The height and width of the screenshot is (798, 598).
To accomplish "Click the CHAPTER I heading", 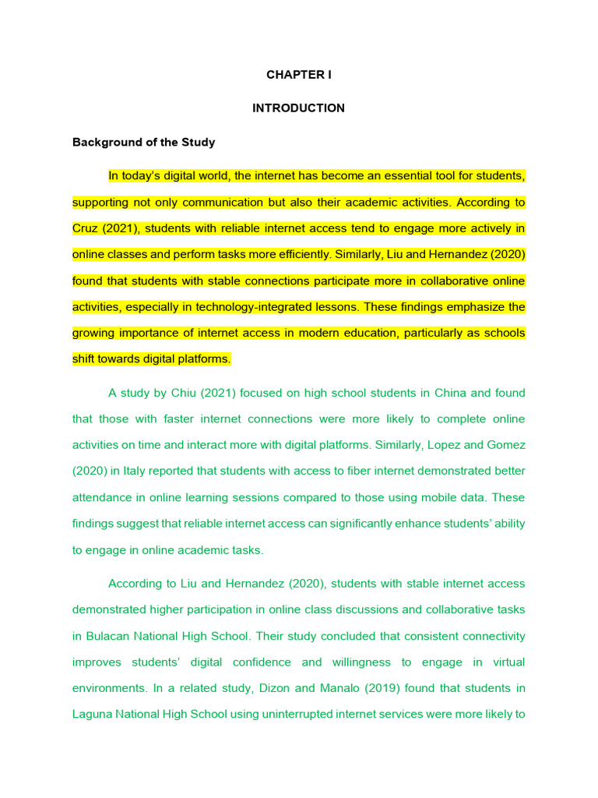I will click(x=298, y=75).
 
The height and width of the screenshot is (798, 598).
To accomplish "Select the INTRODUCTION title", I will click(x=298, y=108).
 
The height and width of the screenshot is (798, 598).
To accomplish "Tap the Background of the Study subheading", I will click(x=143, y=143).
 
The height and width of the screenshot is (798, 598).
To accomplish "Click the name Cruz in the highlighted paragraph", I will click(x=86, y=228).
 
